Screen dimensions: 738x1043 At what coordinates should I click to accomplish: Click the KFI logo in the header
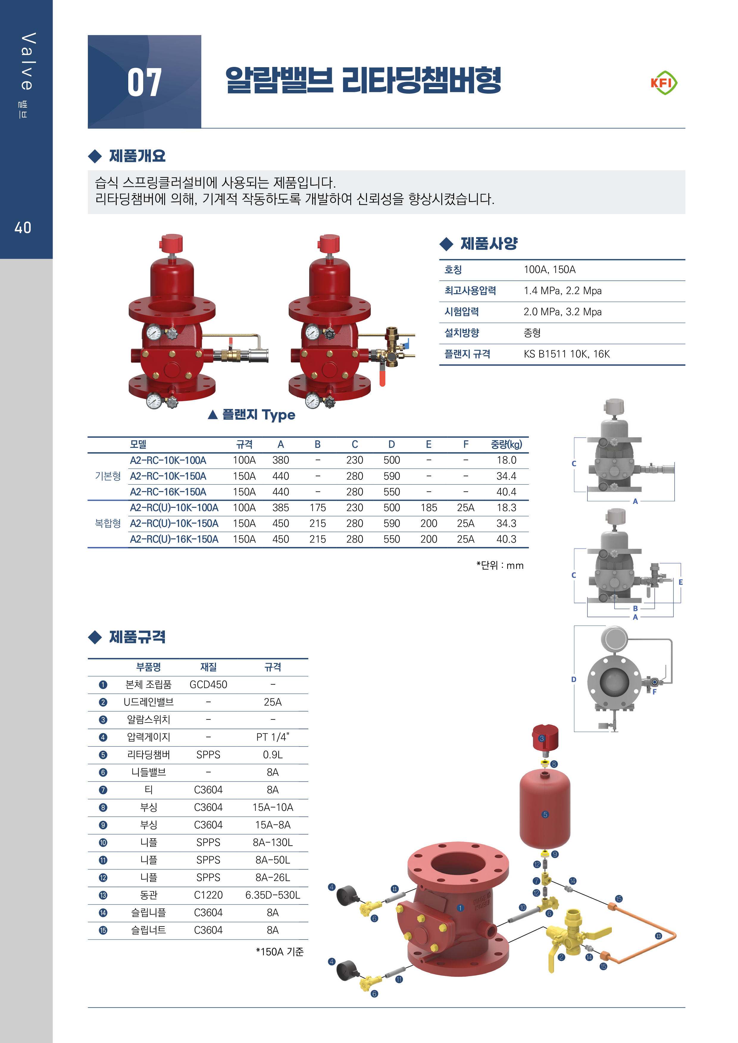point(663,83)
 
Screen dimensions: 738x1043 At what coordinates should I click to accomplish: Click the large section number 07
point(145,83)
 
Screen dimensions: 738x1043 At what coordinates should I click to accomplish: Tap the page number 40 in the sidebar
point(23,227)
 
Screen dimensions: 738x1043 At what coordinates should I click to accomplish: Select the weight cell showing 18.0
point(506,460)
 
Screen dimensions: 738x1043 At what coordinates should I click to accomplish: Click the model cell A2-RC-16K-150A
point(168,492)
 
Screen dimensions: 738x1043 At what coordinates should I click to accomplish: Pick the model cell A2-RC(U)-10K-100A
point(174,508)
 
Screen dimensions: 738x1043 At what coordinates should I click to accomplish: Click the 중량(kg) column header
point(506,444)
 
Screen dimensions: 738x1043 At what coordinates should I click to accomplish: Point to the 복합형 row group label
point(108,523)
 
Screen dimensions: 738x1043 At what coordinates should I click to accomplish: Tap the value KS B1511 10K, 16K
point(567,354)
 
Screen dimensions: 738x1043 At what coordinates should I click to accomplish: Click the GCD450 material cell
point(208,685)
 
